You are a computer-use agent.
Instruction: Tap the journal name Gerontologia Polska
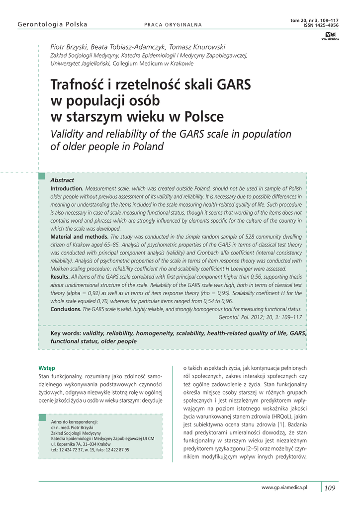(52, 24)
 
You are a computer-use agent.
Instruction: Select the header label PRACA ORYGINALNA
(173, 25)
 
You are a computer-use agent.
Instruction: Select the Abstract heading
(62, 180)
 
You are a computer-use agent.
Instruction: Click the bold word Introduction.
(67, 189)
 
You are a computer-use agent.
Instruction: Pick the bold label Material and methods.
(80, 237)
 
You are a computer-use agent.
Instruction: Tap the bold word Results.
(60, 276)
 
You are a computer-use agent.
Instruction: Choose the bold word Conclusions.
(66, 309)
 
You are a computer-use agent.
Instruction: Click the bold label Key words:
(66, 333)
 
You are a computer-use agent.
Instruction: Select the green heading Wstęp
(46, 368)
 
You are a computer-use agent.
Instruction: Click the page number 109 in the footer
(330, 488)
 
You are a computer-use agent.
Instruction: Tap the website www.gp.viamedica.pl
(284, 488)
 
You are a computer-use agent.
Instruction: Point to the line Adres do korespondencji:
(75, 422)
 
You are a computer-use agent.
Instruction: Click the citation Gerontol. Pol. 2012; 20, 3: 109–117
(260, 316)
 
